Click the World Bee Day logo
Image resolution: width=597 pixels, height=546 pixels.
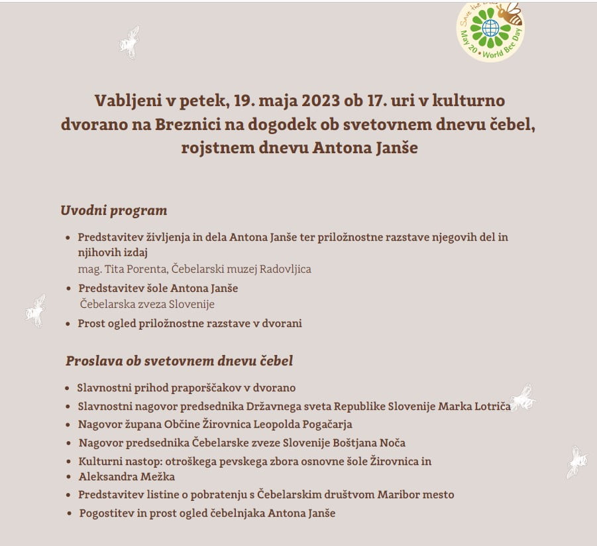click(491, 30)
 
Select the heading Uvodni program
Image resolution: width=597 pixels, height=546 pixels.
click(113, 211)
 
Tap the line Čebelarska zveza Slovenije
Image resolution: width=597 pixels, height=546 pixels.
click(147, 304)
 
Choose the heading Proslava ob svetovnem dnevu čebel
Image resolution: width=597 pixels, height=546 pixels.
click(179, 362)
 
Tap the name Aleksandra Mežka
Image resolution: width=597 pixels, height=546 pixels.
click(127, 476)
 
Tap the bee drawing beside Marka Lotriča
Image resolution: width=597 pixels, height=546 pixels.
click(522, 397)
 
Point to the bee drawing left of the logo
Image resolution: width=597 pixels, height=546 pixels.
click(129, 42)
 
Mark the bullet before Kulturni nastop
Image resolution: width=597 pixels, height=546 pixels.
click(69, 461)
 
